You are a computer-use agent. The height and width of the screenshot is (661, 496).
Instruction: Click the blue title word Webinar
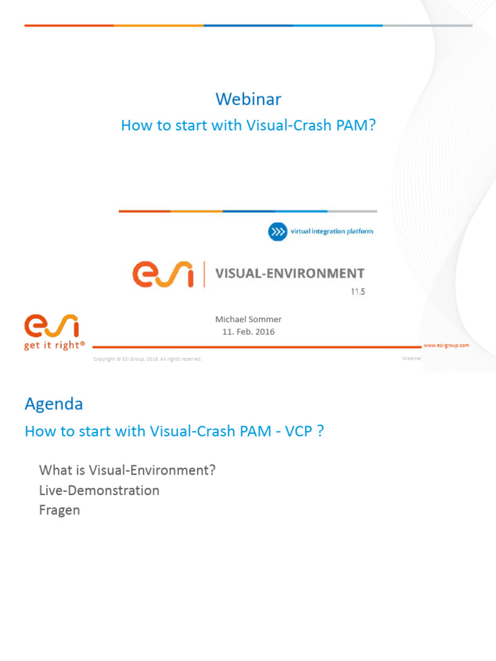click(248, 99)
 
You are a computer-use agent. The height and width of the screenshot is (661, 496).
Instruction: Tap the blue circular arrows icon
click(277, 232)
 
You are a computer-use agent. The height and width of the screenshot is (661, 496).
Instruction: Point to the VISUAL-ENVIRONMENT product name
click(289, 274)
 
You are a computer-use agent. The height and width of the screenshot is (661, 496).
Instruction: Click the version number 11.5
click(358, 292)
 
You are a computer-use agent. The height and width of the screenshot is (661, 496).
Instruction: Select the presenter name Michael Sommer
click(248, 319)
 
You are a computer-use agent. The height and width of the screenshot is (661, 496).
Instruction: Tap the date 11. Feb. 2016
click(248, 332)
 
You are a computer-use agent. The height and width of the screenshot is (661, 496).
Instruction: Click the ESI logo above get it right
click(52, 326)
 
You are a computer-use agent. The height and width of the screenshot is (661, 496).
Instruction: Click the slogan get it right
click(54, 345)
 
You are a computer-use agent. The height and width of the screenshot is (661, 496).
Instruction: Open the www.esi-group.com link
click(446, 345)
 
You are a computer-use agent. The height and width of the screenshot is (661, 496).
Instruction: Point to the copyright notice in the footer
click(147, 359)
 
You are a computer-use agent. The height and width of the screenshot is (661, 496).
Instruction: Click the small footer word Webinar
click(411, 358)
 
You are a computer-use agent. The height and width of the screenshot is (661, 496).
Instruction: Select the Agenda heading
click(54, 404)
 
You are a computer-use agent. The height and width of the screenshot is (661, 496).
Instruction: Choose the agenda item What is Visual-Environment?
click(127, 470)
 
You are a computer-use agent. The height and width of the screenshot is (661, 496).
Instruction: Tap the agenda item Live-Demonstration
click(99, 490)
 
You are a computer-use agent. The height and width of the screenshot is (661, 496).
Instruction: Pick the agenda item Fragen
click(59, 510)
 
